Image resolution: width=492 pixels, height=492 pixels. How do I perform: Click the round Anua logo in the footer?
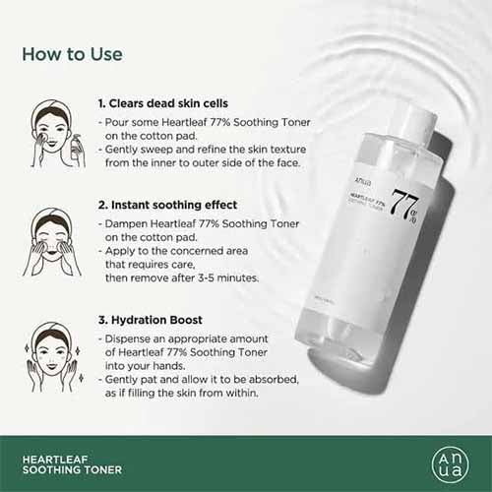451,461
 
